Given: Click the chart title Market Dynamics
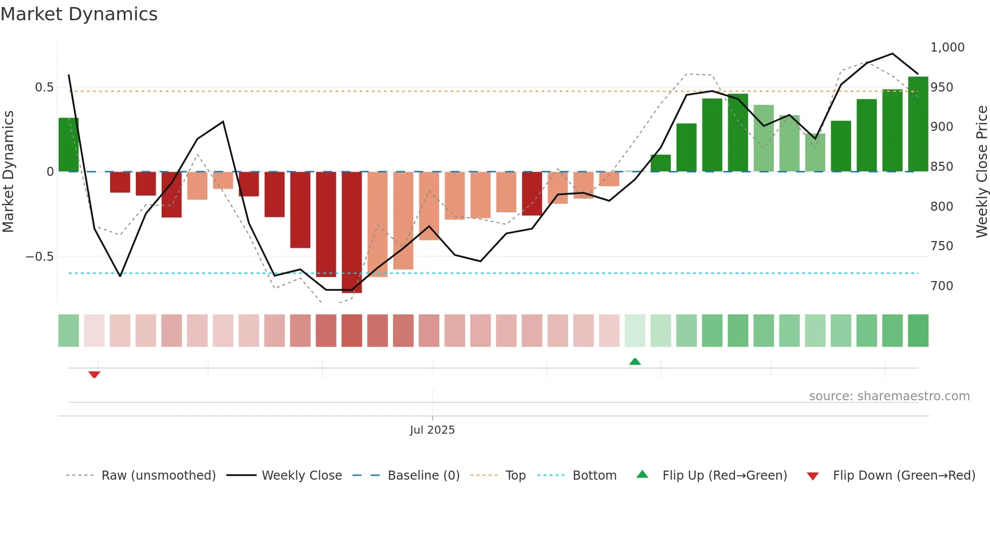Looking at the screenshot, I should (79, 14).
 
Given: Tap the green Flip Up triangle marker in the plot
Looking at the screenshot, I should (635, 361).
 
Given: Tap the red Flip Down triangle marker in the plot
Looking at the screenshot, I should (94, 375).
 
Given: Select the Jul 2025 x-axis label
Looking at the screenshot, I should (432, 430).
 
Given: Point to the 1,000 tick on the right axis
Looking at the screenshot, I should (947, 48).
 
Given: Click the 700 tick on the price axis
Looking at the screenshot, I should (942, 286).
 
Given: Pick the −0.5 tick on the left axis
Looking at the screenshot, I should (40, 257).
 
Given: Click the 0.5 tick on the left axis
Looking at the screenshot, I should (44, 87).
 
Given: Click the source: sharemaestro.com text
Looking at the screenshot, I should (889, 396).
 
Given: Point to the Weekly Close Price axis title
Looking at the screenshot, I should (981, 172).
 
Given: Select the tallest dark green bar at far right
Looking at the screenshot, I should (918, 124).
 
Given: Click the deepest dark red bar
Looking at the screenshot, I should (352, 233).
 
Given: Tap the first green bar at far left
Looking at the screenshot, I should (69, 145).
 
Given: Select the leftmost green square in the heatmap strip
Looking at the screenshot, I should (69, 331).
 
